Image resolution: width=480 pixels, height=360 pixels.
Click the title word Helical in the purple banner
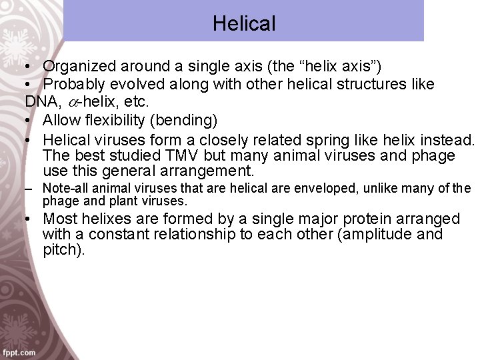tap(244, 24)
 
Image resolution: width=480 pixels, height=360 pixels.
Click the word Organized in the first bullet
tap(81, 66)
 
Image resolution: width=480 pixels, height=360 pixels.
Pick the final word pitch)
tap(64, 251)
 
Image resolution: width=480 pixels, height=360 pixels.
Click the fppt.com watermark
tap(19, 351)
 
